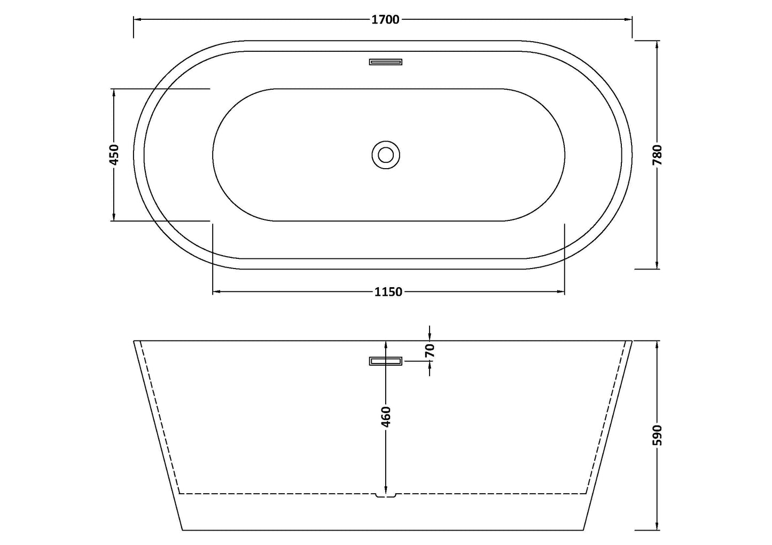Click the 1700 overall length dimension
pyautogui.click(x=385, y=20)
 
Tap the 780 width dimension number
pyautogui.click(x=658, y=155)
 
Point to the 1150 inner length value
pyautogui.click(x=388, y=292)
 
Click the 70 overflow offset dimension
pyautogui.click(x=430, y=351)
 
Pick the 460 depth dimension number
pyautogui.click(x=386, y=417)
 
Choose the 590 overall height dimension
pyautogui.click(x=658, y=436)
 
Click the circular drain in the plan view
pyautogui.click(x=386, y=155)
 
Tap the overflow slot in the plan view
pyautogui.click(x=386, y=62)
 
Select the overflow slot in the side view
pyautogui.click(x=386, y=361)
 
